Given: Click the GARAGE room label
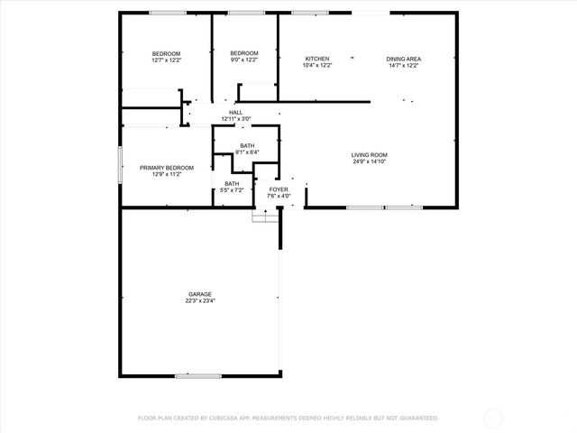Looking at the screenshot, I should (200, 294).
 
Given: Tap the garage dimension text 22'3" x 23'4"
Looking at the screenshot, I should (200, 300).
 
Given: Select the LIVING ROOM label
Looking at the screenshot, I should (370, 155).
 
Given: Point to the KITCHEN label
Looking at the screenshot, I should (316, 59).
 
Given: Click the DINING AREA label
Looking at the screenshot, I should (405, 59).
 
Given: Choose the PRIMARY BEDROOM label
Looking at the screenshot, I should (166, 168).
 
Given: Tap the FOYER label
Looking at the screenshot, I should (279, 189).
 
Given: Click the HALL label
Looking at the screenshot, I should (235, 112).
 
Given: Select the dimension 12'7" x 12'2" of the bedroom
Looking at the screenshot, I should (166, 60).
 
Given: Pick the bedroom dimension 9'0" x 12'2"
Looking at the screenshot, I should (244, 60).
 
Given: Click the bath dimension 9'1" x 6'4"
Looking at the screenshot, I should (247, 152).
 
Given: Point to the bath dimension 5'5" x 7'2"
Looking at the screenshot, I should (232, 190).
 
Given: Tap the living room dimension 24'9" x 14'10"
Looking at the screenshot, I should (370, 162).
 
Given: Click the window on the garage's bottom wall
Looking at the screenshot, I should (198, 375).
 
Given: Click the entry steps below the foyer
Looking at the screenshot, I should (266, 216).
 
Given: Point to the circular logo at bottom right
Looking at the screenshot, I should (494, 418).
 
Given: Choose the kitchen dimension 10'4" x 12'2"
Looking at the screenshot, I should (316, 66).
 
